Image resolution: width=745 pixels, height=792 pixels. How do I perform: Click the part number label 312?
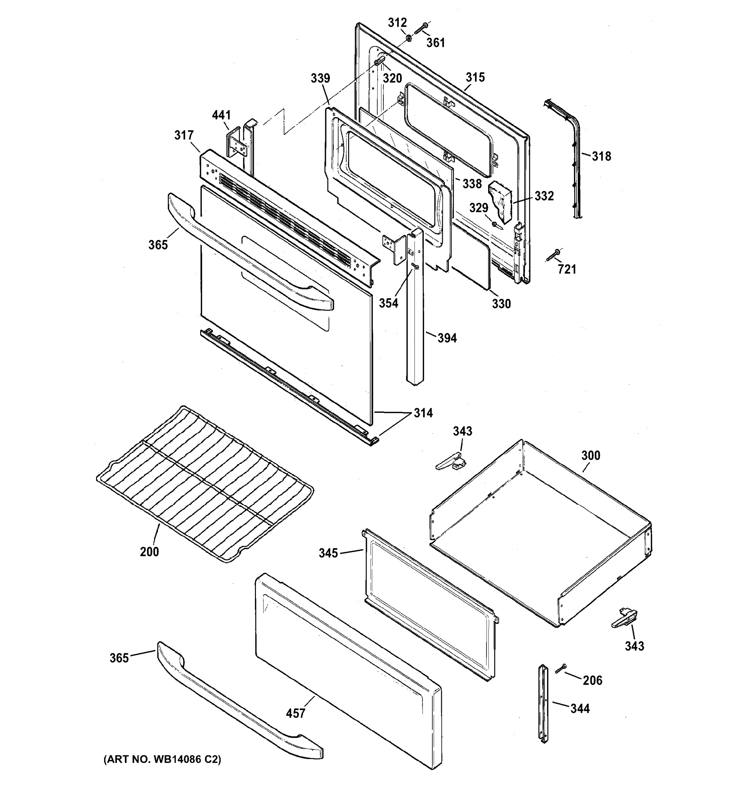point(397,23)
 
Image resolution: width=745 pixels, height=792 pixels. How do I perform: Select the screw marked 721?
point(553,254)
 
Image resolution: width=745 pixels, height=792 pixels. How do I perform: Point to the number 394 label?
point(447,338)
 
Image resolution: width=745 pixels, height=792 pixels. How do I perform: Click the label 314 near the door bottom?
point(423,413)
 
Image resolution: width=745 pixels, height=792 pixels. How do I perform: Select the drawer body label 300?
point(590,455)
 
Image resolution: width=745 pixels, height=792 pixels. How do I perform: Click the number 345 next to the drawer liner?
point(328,553)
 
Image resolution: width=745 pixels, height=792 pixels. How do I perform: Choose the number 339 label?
point(320,78)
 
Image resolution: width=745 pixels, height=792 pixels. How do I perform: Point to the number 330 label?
point(501,304)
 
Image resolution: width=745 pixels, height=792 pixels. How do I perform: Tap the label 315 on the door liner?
point(475,77)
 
